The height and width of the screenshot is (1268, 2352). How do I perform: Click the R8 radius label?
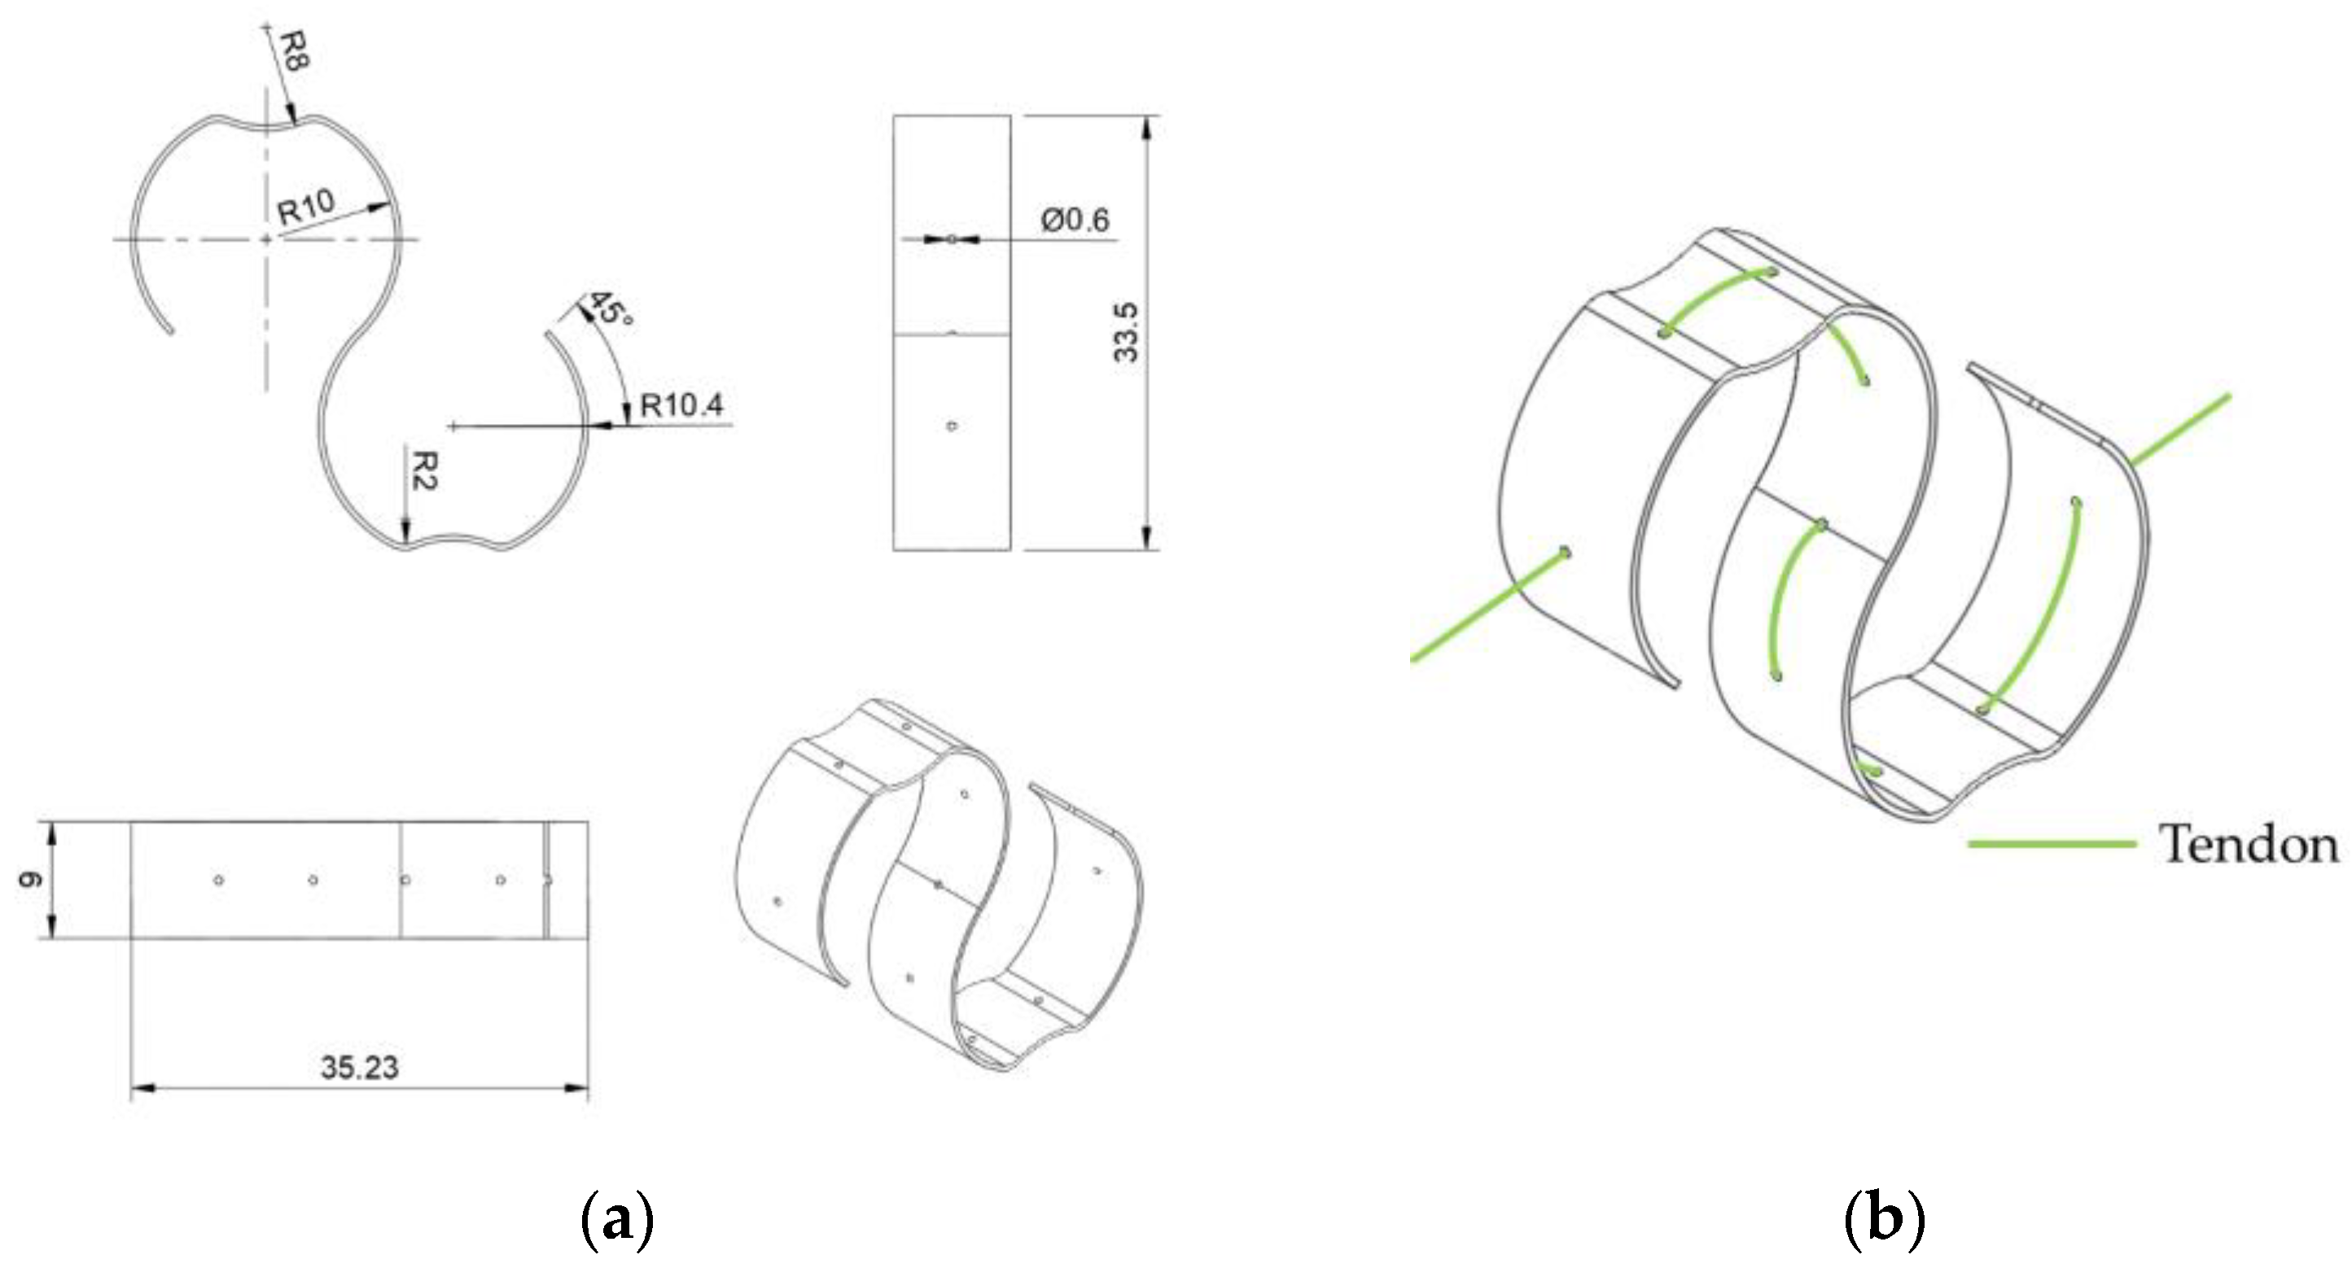295,52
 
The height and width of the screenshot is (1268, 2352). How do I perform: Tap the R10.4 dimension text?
681,404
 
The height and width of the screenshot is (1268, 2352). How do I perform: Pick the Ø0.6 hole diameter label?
1075,220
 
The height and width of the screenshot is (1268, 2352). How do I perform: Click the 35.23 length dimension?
360,1067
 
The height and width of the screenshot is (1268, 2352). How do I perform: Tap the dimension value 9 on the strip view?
30,880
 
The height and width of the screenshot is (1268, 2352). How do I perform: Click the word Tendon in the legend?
2248,845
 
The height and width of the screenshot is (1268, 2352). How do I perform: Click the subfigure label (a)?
617,1220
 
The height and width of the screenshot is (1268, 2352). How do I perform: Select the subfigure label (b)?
1885,1220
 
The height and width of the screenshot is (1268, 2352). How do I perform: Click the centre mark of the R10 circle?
265,239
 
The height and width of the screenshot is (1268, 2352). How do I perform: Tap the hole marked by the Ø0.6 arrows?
952,239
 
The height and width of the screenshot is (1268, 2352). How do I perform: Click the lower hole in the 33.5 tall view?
952,426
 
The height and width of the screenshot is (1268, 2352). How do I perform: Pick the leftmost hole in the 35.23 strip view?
218,880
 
